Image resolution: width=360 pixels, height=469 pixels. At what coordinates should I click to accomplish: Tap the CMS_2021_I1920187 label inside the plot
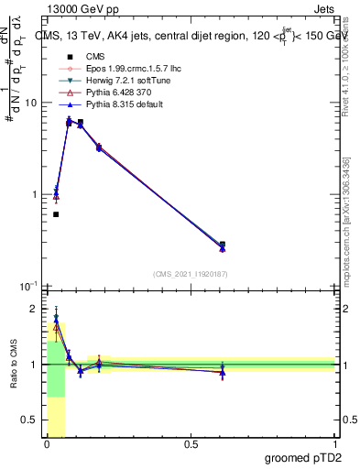coord(190,273)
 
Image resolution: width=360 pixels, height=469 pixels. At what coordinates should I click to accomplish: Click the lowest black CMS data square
coord(56,214)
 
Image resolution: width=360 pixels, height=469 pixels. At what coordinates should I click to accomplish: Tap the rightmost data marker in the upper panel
coord(223,246)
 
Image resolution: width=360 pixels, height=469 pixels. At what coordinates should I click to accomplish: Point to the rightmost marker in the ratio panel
coord(223,371)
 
